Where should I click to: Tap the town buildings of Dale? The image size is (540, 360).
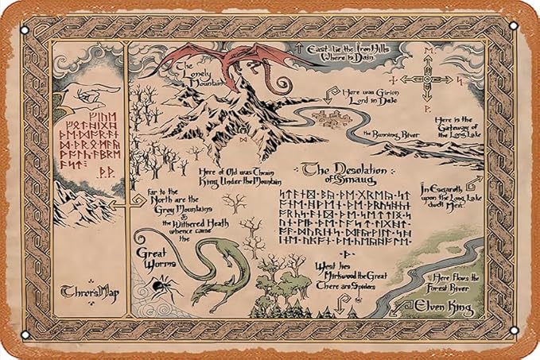click(x=335, y=118)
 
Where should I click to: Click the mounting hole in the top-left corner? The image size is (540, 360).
click(x=25, y=29)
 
